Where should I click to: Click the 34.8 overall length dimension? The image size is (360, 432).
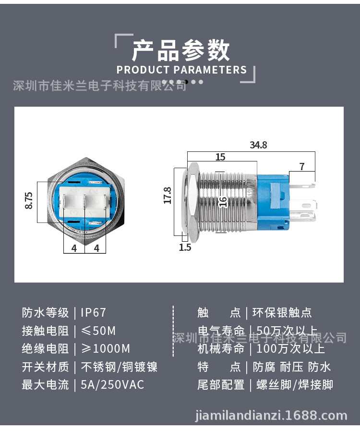258,145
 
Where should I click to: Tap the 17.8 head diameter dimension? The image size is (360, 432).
168,195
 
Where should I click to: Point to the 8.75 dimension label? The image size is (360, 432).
29,200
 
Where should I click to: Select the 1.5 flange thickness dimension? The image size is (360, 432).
185,247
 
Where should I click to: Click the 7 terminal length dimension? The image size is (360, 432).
302,166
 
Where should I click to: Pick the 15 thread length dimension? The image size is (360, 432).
220,157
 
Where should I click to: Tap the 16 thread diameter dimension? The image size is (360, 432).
223,202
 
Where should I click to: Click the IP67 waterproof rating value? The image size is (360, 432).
93,313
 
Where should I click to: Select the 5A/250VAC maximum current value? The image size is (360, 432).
112,385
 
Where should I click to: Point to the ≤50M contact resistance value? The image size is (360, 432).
98,331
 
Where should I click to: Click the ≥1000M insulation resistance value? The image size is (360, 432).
106,349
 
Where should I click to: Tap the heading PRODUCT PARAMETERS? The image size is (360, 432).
181,70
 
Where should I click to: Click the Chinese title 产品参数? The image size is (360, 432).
180,50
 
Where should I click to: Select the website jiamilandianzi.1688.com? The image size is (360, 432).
271,415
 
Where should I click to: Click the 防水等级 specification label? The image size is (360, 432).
46,313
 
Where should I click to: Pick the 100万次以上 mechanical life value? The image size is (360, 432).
291,349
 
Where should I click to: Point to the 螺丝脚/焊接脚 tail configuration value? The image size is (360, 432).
295,385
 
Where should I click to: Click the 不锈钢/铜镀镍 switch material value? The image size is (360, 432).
119,367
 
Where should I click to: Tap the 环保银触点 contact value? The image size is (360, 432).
282,313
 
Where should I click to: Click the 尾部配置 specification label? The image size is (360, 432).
221,385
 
